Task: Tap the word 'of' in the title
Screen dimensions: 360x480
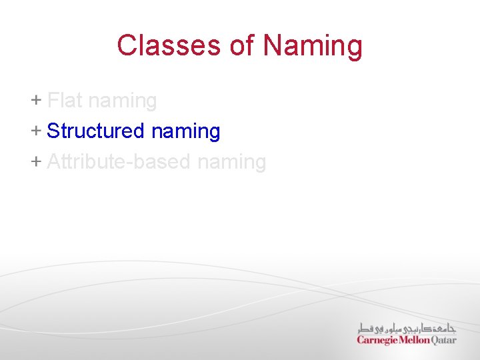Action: [242, 46]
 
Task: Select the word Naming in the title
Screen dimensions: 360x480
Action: [313, 46]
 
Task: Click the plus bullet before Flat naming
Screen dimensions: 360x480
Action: [35, 101]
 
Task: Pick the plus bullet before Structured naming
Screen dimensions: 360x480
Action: [35, 131]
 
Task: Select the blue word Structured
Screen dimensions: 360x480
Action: [95, 131]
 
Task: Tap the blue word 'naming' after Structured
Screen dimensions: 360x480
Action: [185, 132]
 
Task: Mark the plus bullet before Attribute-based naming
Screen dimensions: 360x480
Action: [35, 161]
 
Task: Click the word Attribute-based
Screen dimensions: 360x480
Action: [109, 162]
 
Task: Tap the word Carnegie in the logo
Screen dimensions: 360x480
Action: [377, 340]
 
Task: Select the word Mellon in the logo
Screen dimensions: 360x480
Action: [415, 340]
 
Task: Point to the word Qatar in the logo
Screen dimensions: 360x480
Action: [444, 340]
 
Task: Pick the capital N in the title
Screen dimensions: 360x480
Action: [273, 46]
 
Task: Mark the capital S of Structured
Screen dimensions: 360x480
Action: [53, 131]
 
